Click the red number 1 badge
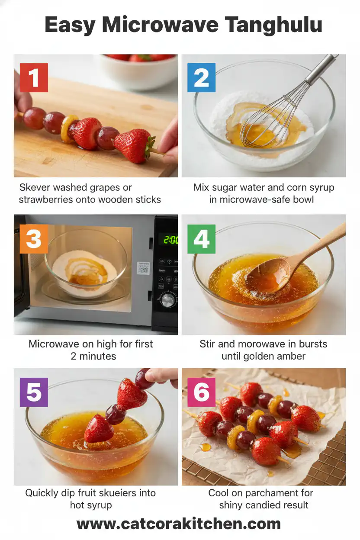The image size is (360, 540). (x=33, y=77)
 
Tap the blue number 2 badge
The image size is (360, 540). (x=201, y=77)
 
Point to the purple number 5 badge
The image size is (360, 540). (x=34, y=392)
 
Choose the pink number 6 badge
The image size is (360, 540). (x=201, y=392)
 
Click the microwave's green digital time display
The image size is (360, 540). (x=170, y=239)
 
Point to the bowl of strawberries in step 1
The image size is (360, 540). (x=138, y=69)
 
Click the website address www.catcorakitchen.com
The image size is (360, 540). (x=179, y=524)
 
